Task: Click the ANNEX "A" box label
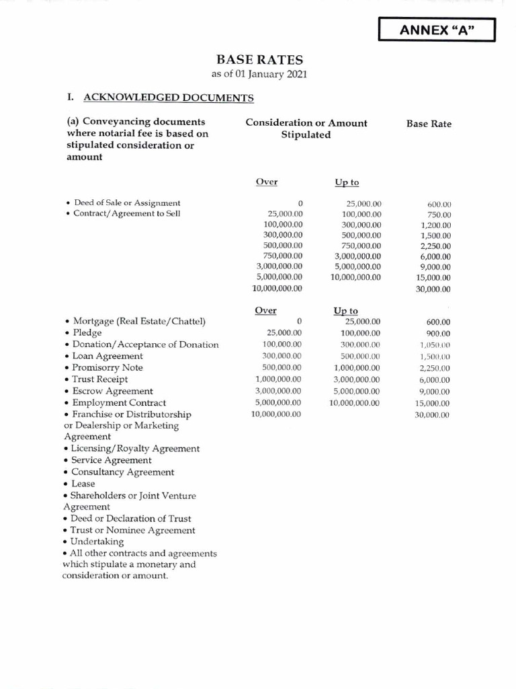click(437, 30)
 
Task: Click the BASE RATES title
click(259, 60)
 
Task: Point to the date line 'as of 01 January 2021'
click(259, 74)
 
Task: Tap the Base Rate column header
click(429, 124)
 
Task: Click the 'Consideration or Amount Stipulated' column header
click(306, 129)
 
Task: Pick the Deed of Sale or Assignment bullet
click(124, 203)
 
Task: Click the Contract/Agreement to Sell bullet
click(124, 214)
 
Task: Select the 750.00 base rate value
click(439, 215)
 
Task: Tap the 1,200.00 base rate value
click(436, 225)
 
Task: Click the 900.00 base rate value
click(438, 334)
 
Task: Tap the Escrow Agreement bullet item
click(112, 391)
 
